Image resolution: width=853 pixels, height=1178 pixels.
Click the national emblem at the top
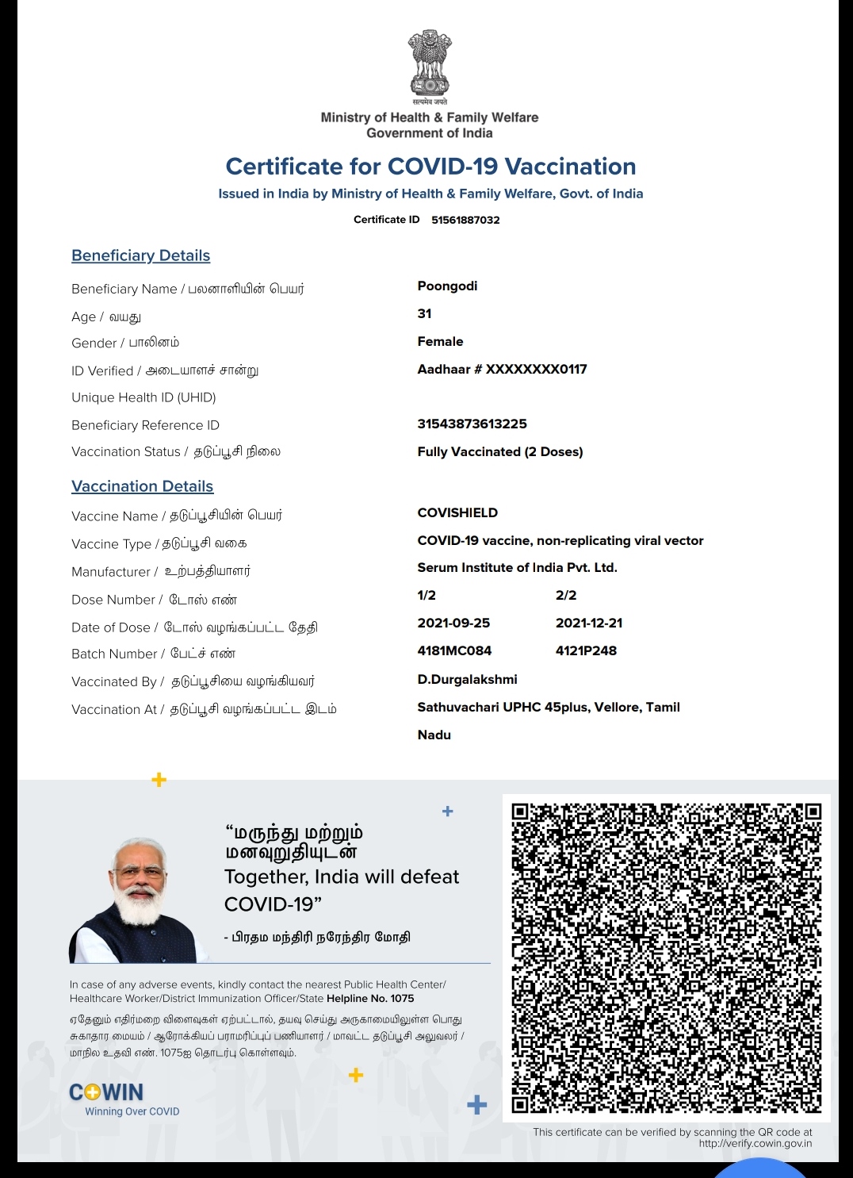[429, 65]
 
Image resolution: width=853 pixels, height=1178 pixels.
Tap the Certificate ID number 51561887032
[465, 220]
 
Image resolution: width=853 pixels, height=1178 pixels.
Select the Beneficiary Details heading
[140, 255]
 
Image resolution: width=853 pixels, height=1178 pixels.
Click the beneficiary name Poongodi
[447, 286]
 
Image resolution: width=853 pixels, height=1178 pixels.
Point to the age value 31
[425, 313]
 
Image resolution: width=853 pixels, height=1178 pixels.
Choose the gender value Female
[440, 341]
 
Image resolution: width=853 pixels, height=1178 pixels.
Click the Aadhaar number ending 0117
[502, 369]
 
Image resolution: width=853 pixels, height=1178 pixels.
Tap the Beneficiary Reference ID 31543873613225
[472, 424]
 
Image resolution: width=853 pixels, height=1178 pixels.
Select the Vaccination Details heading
[142, 486]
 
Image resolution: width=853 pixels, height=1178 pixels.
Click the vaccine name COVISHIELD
[457, 512]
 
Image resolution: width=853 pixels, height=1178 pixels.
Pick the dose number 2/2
[566, 595]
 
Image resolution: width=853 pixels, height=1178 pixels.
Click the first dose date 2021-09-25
[453, 623]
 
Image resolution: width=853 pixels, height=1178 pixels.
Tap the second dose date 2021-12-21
[589, 623]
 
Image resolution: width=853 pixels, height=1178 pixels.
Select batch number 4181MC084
[454, 650]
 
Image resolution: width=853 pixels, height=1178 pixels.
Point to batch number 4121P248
[586, 650]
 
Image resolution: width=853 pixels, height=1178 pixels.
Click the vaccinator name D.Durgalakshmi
[467, 679]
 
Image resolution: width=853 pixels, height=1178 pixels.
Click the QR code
[666, 957]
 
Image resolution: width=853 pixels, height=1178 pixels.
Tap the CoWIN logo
[107, 1092]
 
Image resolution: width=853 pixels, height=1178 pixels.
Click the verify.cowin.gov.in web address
[755, 1143]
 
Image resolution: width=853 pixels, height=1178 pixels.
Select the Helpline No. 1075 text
[370, 999]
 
